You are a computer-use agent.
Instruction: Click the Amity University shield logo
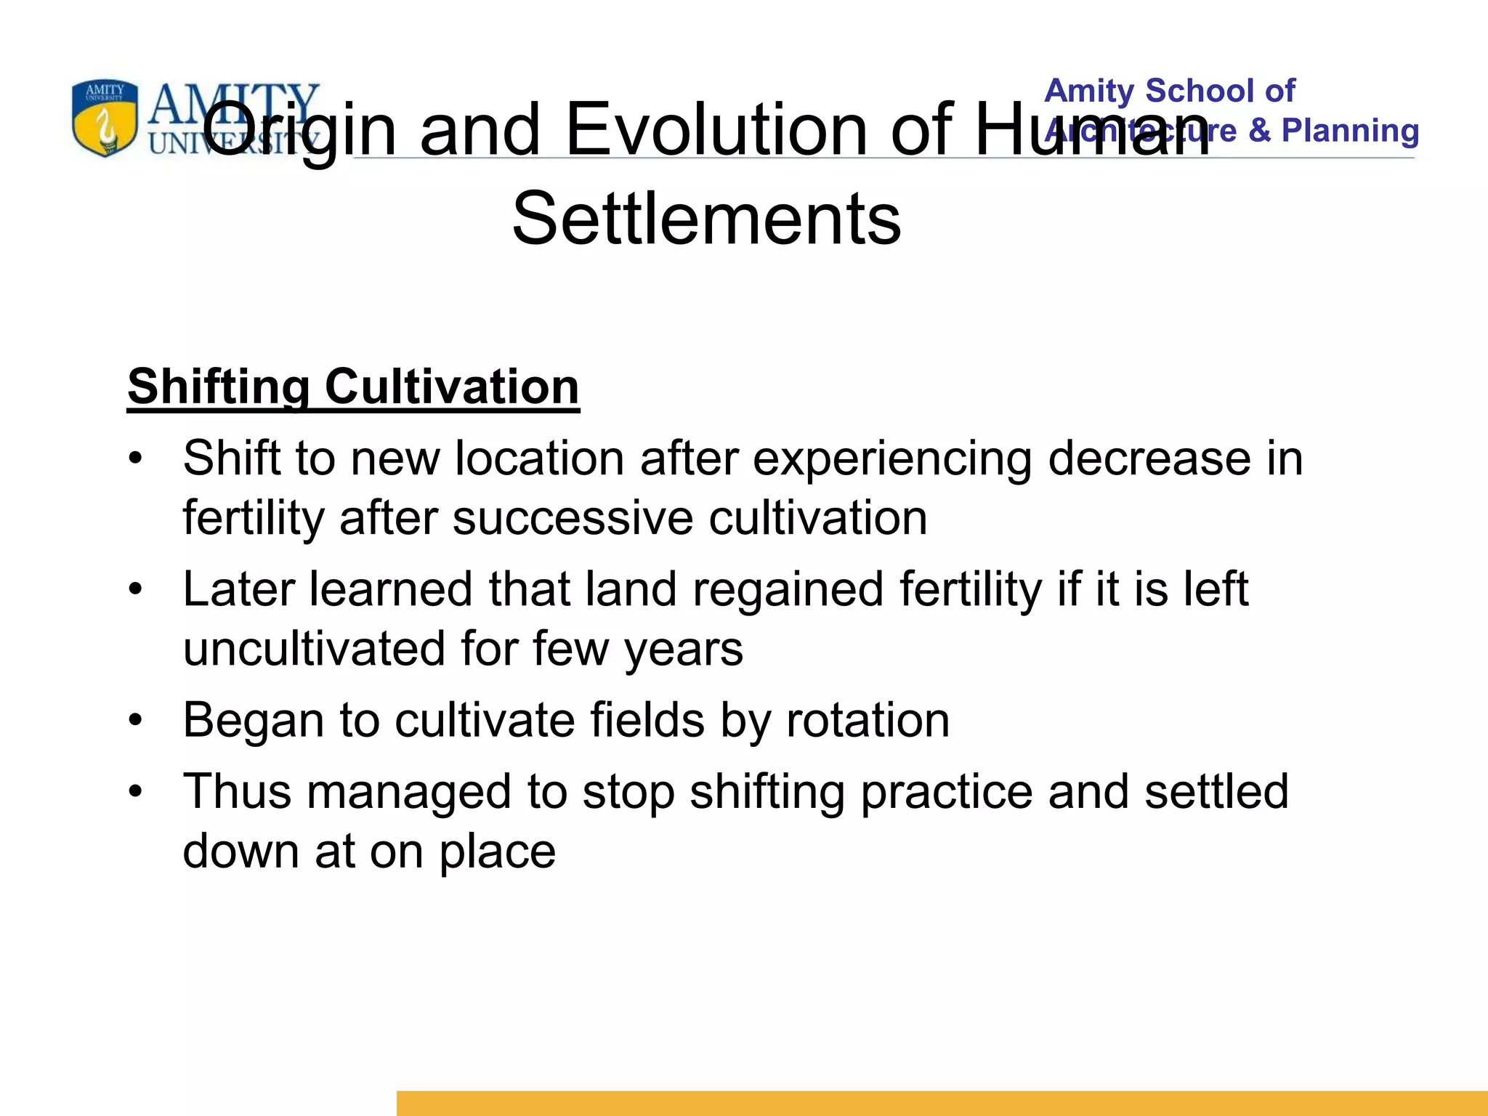pos(105,118)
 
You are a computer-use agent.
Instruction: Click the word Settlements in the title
pos(706,218)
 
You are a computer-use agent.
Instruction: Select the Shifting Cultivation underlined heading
pos(353,387)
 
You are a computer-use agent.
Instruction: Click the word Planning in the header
pos(1350,131)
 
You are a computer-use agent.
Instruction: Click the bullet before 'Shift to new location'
pos(135,460)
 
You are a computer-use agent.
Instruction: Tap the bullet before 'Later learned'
pos(135,590)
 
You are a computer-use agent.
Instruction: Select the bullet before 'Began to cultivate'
pos(135,721)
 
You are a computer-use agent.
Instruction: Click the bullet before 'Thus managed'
pos(135,792)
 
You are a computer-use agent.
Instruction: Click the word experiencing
pos(891,460)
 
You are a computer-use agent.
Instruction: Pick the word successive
pos(573,519)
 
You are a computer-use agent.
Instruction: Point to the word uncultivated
pos(314,649)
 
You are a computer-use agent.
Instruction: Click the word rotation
pos(868,720)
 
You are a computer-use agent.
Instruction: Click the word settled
pos(1216,791)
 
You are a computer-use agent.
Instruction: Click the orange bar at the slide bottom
pos(942,1103)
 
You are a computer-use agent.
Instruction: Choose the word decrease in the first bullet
pos(1149,459)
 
